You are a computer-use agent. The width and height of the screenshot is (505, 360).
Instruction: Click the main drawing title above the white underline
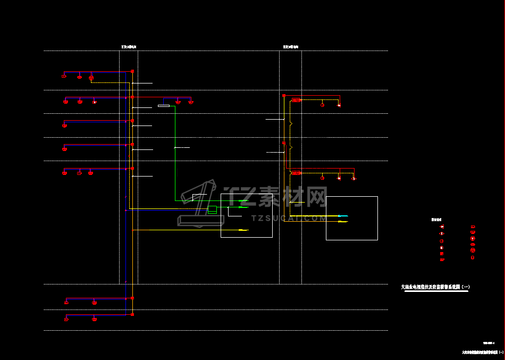click(x=435, y=287)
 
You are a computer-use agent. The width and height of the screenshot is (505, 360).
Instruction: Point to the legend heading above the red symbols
click(x=436, y=219)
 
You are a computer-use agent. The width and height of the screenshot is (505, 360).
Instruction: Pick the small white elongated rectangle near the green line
click(x=164, y=106)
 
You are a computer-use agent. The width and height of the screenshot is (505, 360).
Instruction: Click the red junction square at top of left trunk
click(x=132, y=71)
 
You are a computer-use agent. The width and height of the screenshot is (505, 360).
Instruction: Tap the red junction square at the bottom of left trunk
click(x=132, y=315)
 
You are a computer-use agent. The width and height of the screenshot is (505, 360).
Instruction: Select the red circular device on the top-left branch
click(x=91, y=78)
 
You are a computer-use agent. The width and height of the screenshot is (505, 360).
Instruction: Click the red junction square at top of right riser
click(x=284, y=95)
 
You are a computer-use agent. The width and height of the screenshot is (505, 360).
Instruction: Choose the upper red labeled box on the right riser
click(x=297, y=100)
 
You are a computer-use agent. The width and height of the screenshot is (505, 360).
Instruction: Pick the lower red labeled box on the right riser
click(x=297, y=173)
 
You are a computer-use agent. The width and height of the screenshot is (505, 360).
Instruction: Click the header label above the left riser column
click(x=129, y=47)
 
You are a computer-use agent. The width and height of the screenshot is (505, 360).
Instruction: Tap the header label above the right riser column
click(x=290, y=47)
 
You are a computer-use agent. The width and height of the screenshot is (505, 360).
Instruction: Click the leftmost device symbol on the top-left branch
click(x=64, y=77)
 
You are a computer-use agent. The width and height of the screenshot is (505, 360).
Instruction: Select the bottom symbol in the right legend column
click(x=473, y=258)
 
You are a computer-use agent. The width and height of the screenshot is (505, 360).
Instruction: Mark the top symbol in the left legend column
click(x=442, y=227)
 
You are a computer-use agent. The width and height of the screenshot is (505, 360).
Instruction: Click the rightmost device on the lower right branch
click(x=353, y=178)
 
